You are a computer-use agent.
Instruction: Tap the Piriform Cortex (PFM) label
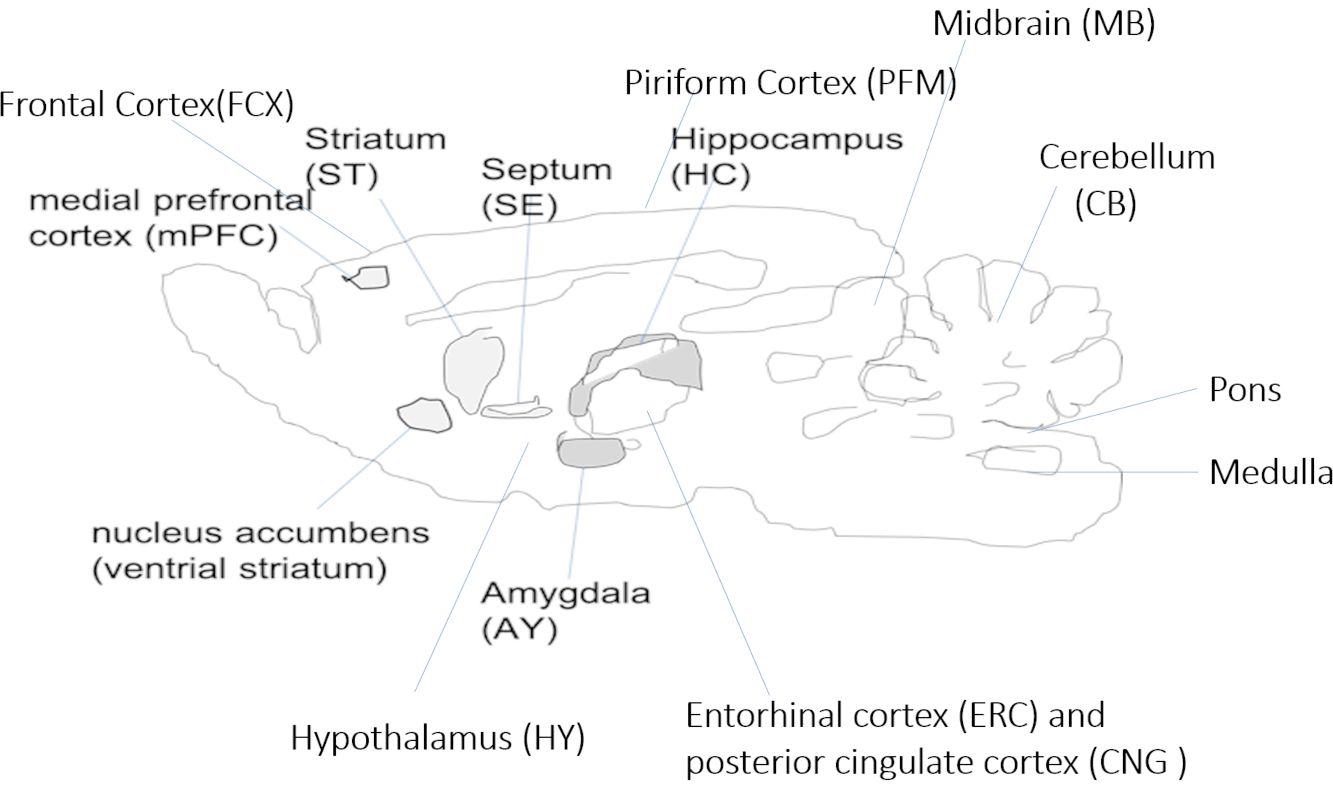(x=790, y=83)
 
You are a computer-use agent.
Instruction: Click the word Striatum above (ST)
(x=375, y=139)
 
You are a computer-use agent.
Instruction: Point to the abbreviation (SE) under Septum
(x=519, y=206)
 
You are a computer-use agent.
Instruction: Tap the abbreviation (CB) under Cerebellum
(x=1105, y=203)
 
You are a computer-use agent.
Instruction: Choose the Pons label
(x=1245, y=390)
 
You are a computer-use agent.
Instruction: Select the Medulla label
(x=1270, y=472)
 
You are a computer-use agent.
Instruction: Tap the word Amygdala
(x=565, y=594)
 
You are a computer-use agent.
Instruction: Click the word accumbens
(x=332, y=533)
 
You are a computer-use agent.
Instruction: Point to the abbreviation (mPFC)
(x=212, y=236)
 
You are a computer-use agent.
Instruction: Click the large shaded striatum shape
(x=472, y=369)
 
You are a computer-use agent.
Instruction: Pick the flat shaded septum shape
(x=515, y=411)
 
